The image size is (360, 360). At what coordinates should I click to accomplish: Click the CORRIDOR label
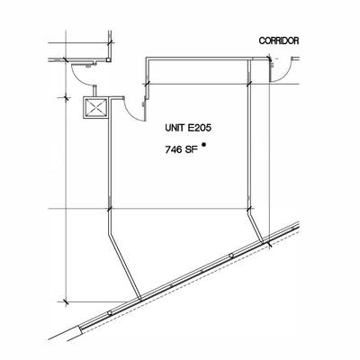279,40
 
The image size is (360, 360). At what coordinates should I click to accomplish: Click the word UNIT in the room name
175,128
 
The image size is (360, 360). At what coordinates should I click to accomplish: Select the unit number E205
200,128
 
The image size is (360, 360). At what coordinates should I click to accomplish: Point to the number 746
174,149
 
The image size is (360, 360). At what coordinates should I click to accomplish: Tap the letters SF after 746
191,149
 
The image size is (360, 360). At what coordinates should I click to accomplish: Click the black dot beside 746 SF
204,144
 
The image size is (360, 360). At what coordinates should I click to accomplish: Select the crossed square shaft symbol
96,108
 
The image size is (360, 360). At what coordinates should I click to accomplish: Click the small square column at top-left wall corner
108,59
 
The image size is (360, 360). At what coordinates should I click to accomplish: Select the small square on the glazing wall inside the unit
230,256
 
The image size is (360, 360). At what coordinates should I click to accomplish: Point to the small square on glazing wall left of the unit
110,313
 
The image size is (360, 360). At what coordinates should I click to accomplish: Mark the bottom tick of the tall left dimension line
66,301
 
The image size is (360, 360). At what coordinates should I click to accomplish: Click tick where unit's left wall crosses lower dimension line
109,209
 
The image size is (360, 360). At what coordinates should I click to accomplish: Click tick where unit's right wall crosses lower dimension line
248,209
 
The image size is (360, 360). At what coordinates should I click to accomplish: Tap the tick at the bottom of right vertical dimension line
269,244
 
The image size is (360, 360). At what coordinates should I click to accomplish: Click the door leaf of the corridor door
271,69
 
